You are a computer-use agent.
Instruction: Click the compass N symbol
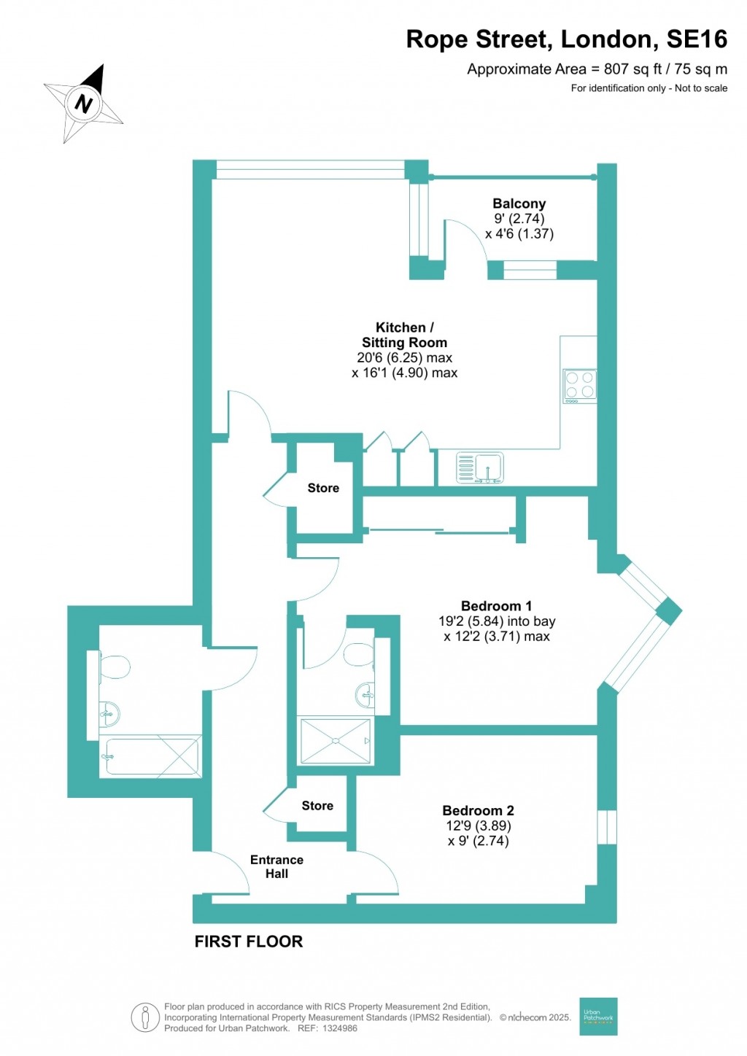pyautogui.click(x=85, y=103)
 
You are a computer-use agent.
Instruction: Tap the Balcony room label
pyautogui.click(x=519, y=204)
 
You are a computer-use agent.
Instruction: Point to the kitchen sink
pyautogui.click(x=479, y=467)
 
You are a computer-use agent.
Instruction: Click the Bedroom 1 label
pyautogui.click(x=496, y=606)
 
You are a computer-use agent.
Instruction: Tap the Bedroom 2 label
pyautogui.click(x=478, y=810)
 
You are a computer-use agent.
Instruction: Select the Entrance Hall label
pyautogui.click(x=276, y=866)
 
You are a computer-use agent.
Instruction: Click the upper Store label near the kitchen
pyautogui.click(x=323, y=488)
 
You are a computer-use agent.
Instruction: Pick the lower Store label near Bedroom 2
pyautogui.click(x=317, y=805)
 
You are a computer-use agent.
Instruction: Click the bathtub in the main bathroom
pyautogui.click(x=151, y=757)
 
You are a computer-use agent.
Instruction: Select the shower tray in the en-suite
pyautogui.click(x=335, y=741)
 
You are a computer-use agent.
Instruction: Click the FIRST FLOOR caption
pyautogui.click(x=248, y=942)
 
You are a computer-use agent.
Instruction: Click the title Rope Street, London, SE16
pyautogui.click(x=566, y=39)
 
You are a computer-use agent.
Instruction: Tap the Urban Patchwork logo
pyautogui.click(x=598, y=1016)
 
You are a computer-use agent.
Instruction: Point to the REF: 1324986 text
pyautogui.click(x=324, y=1028)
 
